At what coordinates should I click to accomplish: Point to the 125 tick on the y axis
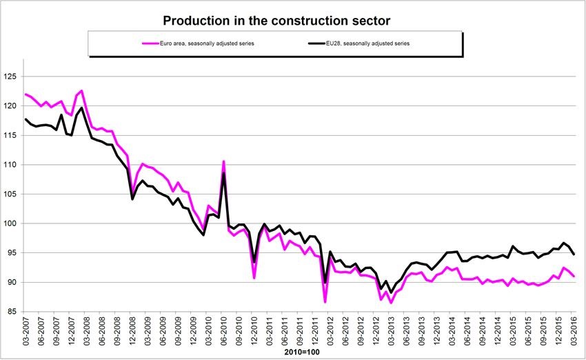(x=12, y=77)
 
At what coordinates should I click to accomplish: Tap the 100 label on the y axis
(x=12, y=223)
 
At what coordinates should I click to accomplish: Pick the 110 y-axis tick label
(x=12, y=165)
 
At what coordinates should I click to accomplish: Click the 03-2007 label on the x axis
(x=26, y=334)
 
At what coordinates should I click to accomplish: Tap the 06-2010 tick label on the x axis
(x=224, y=334)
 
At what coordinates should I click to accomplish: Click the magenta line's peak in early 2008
(x=81, y=90)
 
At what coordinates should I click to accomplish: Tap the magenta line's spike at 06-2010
(x=224, y=161)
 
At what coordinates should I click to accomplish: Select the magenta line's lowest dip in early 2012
(x=325, y=302)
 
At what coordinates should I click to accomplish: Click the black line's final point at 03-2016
(x=574, y=254)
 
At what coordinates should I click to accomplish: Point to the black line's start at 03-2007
(x=26, y=119)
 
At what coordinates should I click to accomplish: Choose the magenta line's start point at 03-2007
(x=26, y=94)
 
